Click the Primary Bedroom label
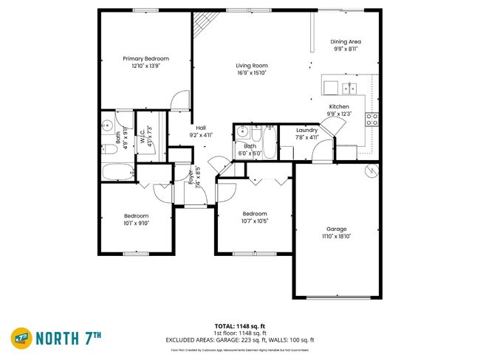[x=145, y=58]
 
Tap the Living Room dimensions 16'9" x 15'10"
[x=251, y=73]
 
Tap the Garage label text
[x=336, y=229]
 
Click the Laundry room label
[x=306, y=130]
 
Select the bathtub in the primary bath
[x=116, y=173]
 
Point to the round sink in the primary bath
[x=107, y=123]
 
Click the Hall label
[x=200, y=128]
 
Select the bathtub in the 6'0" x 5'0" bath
[x=267, y=142]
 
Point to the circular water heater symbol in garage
[x=373, y=170]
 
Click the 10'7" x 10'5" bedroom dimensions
[x=255, y=221]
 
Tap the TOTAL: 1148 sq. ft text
[x=240, y=325]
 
